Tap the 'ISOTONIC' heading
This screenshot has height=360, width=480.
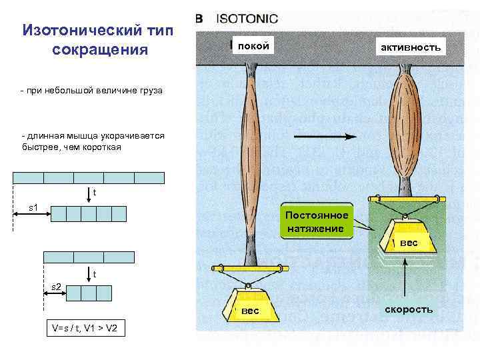(x=247, y=19)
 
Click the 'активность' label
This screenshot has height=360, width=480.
(x=410, y=47)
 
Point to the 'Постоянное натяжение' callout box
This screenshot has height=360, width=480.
(x=316, y=222)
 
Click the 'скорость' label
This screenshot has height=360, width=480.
(x=409, y=309)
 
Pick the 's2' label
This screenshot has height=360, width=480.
(x=57, y=287)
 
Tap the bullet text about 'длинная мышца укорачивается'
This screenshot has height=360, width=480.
(x=93, y=141)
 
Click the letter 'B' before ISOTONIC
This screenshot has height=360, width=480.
(x=199, y=19)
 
